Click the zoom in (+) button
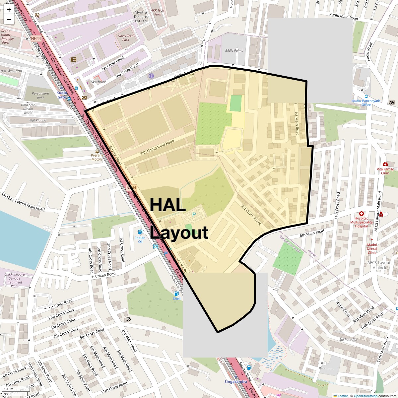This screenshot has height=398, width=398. pyautogui.click(x=9, y=10)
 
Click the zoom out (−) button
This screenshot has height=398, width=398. pyautogui.click(x=9, y=20)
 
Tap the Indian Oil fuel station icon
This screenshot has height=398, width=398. pyautogui.click(x=140, y=232)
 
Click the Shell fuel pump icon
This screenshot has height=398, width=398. pyautogui.click(x=176, y=293)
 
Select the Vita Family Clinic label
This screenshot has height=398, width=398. pyautogui.click(x=385, y=171)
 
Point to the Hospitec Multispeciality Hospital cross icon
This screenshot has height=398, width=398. pyautogui.click(x=361, y=214)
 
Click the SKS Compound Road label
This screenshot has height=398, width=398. pyautogui.click(x=157, y=148)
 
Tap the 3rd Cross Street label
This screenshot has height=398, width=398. pyautogui.click(x=251, y=215)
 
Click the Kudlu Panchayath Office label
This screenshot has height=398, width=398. pyautogui.click(x=366, y=103)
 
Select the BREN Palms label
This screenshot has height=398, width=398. pyautogui.click(x=234, y=51)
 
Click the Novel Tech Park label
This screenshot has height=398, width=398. pyautogui.click(x=126, y=38)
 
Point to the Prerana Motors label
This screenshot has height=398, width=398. pyautogui.click(x=97, y=157)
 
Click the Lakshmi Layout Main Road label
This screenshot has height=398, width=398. pyautogui.click(x=23, y=202)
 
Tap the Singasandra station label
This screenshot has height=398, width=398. pyautogui.click(x=235, y=382)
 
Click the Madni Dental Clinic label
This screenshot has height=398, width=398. pyautogui.click(x=372, y=249)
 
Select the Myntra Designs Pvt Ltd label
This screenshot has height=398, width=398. pyautogui.click(x=141, y=17)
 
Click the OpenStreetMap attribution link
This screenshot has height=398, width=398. pyautogui.click(x=365, y=396)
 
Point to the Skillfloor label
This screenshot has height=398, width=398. pyautogui.click(x=98, y=82)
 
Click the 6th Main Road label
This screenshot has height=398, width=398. pyautogui.click(x=312, y=233)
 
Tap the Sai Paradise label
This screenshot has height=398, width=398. pyautogui.click(x=348, y=340)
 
